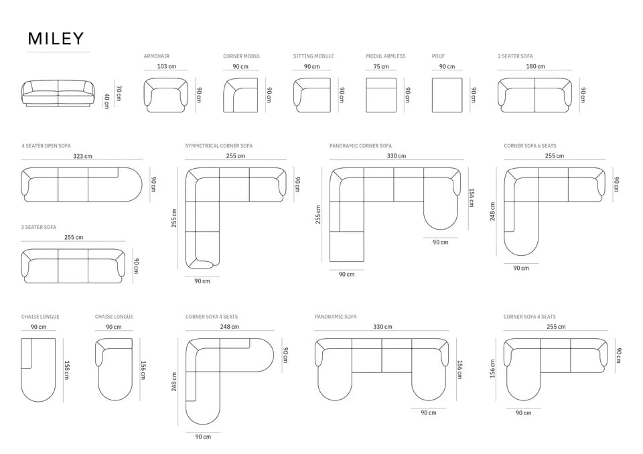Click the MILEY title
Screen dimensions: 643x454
[56, 39]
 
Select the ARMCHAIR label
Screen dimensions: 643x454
[156, 56]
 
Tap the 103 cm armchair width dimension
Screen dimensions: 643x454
[167, 66]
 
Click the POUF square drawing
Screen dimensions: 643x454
[447, 95]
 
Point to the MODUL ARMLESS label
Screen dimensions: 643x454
[386, 56]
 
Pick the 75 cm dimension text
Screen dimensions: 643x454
[381, 66]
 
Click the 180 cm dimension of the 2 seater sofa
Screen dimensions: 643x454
[536, 66]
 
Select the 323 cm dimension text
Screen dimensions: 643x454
[83, 156]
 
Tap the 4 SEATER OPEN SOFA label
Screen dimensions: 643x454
[46, 145]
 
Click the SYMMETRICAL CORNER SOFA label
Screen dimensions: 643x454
[218, 145]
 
